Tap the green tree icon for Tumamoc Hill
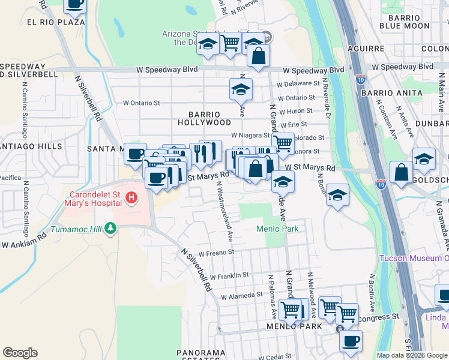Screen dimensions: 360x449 [110, 227]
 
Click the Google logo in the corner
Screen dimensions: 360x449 [20, 353]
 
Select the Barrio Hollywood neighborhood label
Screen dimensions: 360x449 [203, 118]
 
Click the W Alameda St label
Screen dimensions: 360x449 [242, 296]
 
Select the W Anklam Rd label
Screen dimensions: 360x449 [24, 245]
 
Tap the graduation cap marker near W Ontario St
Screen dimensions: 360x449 [241, 89]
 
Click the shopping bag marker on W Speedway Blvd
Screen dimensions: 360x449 [258, 56]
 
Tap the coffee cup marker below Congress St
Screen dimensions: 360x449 [351, 341]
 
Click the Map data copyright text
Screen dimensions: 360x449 [412, 355]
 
